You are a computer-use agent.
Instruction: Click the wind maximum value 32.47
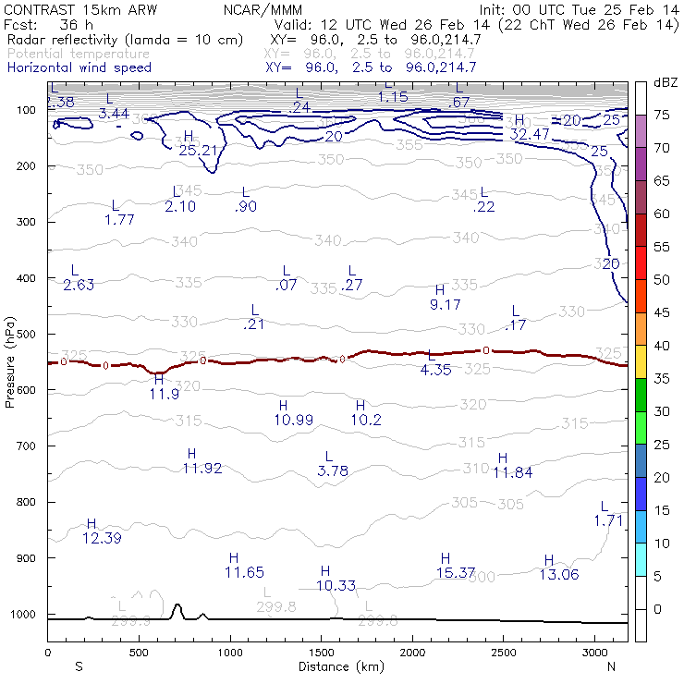[x=530, y=135]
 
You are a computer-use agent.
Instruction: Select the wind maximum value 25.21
[x=198, y=151]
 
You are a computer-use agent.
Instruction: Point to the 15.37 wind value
[x=455, y=573]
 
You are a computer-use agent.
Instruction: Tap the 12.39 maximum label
[x=102, y=538]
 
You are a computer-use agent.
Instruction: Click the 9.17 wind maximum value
[x=446, y=304]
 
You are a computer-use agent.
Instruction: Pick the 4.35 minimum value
[x=435, y=370]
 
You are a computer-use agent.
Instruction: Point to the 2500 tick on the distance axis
[x=503, y=653]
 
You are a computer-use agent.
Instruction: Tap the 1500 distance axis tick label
[x=321, y=653]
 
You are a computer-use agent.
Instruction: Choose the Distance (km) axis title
[x=336, y=666]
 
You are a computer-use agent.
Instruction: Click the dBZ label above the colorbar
[x=666, y=83]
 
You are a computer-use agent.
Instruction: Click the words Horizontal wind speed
[x=79, y=67]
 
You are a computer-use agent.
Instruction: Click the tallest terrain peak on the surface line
[x=177, y=605]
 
